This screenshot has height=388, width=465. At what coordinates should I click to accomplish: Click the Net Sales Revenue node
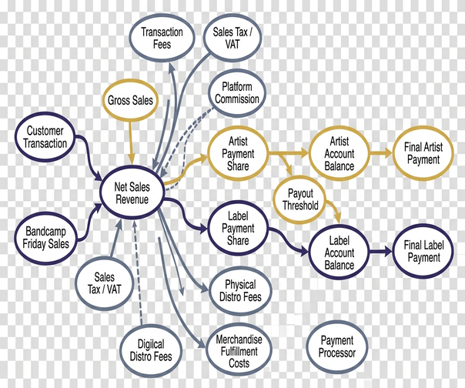click(132, 192)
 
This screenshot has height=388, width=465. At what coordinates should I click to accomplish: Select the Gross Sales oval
click(130, 100)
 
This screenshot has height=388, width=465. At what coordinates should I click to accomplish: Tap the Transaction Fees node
click(162, 38)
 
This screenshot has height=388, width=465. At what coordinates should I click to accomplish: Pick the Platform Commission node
click(237, 93)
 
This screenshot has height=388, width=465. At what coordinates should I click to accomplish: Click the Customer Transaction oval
click(45, 137)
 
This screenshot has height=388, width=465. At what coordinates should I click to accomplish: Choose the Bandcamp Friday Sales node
click(45, 238)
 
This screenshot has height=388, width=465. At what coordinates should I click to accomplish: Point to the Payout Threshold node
click(300, 199)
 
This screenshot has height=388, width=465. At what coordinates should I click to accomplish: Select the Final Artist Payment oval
click(423, 153)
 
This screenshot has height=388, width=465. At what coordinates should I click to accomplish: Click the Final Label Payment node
click(423, 251)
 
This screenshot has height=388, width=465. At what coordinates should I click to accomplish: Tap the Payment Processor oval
click(337, 346)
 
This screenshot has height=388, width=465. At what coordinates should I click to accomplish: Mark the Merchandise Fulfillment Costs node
click(239, 351)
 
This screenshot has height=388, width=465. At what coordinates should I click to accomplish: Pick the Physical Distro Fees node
click(240, 291)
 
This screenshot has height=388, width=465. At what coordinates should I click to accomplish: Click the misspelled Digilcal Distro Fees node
click(151, 350)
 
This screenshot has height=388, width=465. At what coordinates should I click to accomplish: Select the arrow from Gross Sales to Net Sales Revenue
click(130, 142)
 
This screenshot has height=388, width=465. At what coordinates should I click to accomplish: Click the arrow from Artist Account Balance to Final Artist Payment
click(381, 153)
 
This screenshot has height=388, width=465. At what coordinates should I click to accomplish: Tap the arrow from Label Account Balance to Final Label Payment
click(381, 252)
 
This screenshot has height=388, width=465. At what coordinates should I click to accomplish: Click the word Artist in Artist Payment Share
click(238, 141)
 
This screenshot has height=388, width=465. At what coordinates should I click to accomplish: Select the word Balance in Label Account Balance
click(339, 265)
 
